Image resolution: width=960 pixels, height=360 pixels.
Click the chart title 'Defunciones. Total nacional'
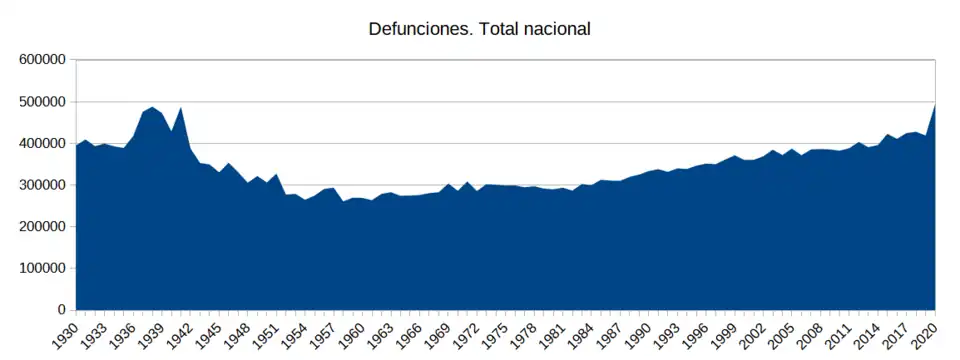[480, 29]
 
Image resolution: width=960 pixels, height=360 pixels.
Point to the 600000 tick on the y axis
[42, 60]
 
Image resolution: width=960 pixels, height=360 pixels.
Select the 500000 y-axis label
[42, 102]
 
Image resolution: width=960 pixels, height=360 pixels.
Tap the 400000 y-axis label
[42, 143]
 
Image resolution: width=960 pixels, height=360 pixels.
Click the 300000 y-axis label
[42, 185]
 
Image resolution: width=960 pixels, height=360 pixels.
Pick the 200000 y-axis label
[42, 227]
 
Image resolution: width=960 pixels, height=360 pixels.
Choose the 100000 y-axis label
[42, 268]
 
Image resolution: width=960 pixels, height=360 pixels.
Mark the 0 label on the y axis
[61, 310]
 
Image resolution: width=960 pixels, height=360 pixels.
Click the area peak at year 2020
[934, 105]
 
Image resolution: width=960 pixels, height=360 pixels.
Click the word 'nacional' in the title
[555, 29]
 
